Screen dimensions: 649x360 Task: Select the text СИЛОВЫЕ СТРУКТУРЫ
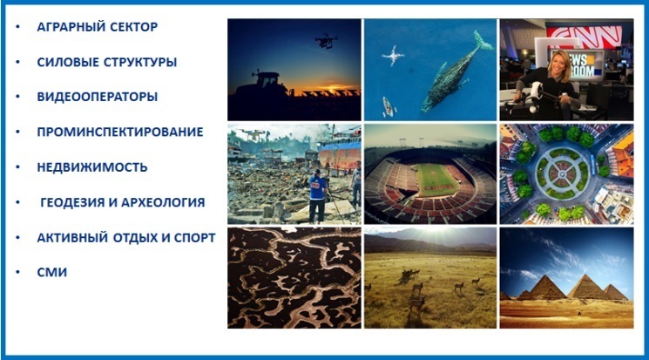(107, 62)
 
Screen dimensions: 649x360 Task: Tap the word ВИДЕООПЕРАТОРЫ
(98, 97)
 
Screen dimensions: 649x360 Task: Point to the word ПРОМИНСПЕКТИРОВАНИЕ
(120, 132)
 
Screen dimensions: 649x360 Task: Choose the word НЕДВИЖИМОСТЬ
(91, 167)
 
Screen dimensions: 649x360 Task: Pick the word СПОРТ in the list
(194, 238)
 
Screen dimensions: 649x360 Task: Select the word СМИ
(51, 272)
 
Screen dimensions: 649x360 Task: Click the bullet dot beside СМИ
(17, 272)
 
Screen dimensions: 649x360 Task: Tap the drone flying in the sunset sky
(327, 41)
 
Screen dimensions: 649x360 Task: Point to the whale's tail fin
(483, 41)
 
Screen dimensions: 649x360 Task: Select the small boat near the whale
(388, 106)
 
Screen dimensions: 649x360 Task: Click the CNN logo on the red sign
(584, 36)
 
